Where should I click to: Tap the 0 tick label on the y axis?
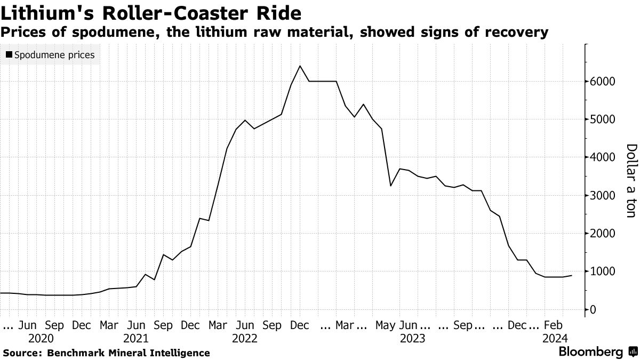point(593,309)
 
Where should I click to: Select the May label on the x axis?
point(386,325)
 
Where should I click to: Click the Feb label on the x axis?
point(553,325)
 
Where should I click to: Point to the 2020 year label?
point(41,339)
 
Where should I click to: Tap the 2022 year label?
point(245,339)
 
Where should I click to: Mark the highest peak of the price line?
point(300,66)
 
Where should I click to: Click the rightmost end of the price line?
point(572,276)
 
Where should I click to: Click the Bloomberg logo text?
point(590,352)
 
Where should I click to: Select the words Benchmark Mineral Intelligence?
point(128,353)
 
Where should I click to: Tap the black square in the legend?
point(9,54)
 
